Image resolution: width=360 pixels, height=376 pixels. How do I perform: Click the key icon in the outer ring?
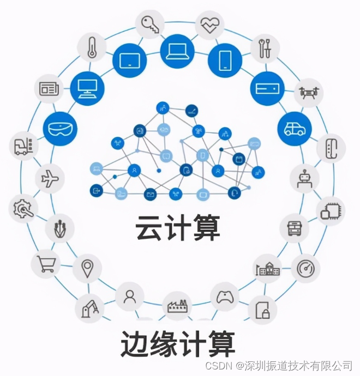click(149, 24)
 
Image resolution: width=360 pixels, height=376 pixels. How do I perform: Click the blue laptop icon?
click(177, 50)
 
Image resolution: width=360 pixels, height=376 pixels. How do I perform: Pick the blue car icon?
click(295, 129)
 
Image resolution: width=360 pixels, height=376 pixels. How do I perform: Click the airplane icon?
click(50, 179)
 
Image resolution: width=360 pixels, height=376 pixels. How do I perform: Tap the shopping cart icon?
click(46, 264)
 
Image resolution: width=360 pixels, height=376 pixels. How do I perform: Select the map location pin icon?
click(87, 268)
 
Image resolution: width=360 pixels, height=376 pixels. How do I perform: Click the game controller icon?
click(225, 297)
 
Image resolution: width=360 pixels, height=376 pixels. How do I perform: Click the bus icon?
click(295, 228)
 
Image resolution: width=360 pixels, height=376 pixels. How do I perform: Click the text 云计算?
click(178, 228)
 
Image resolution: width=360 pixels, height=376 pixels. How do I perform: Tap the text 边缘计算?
click(178, 344)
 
